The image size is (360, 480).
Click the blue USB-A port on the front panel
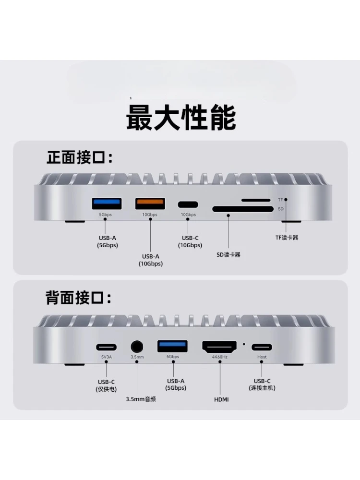[x=107, y=204]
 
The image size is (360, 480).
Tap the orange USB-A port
[x=150, y=204]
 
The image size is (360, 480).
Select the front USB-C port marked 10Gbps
[x=188, y=205]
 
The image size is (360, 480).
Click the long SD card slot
[x=243, y=209]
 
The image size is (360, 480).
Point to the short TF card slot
[x=256, y=200]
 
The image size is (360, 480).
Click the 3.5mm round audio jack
[x=137, y=347]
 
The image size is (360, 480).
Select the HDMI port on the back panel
[x=219, y=347]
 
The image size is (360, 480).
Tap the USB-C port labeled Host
[x=262, y=347]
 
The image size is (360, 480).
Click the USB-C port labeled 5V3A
[x=106, y=347]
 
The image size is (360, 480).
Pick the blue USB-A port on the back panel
[x=172, y=346]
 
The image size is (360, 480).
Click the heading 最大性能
[x=180, y=118]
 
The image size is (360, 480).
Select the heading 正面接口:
[x=80, y=157]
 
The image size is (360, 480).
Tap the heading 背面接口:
[x=79, y=298]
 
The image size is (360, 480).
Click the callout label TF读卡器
[x=287, y=238]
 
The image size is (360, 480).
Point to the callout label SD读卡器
[x=228, y=255]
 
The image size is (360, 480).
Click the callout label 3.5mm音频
[x=141, y=399]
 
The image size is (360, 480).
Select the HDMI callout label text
[x=221, y=399]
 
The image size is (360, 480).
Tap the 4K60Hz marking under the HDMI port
[x=219, y=357]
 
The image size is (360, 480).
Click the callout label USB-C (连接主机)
[x=262, y=384]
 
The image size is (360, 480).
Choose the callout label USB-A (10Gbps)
[x=151, y=260]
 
